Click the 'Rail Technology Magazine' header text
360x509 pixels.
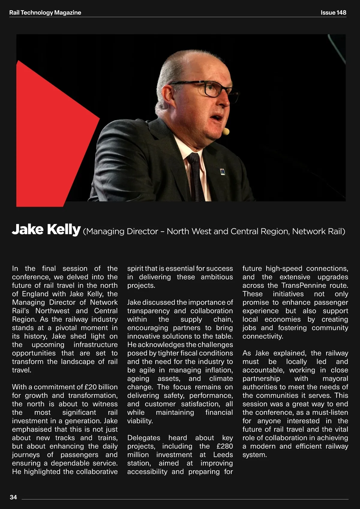(45, 13)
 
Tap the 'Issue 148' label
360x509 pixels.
(333, 13)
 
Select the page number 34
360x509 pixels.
(13, 497)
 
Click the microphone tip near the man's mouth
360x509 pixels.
(227, 131)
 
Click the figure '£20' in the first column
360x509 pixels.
(90, 387)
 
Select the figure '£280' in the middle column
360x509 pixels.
(225, 446)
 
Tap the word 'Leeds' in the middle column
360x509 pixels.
(223, 455)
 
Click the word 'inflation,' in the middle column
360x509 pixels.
(219, 370)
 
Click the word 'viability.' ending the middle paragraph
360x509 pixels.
(140, 421)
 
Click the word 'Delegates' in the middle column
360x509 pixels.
(144, 438)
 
